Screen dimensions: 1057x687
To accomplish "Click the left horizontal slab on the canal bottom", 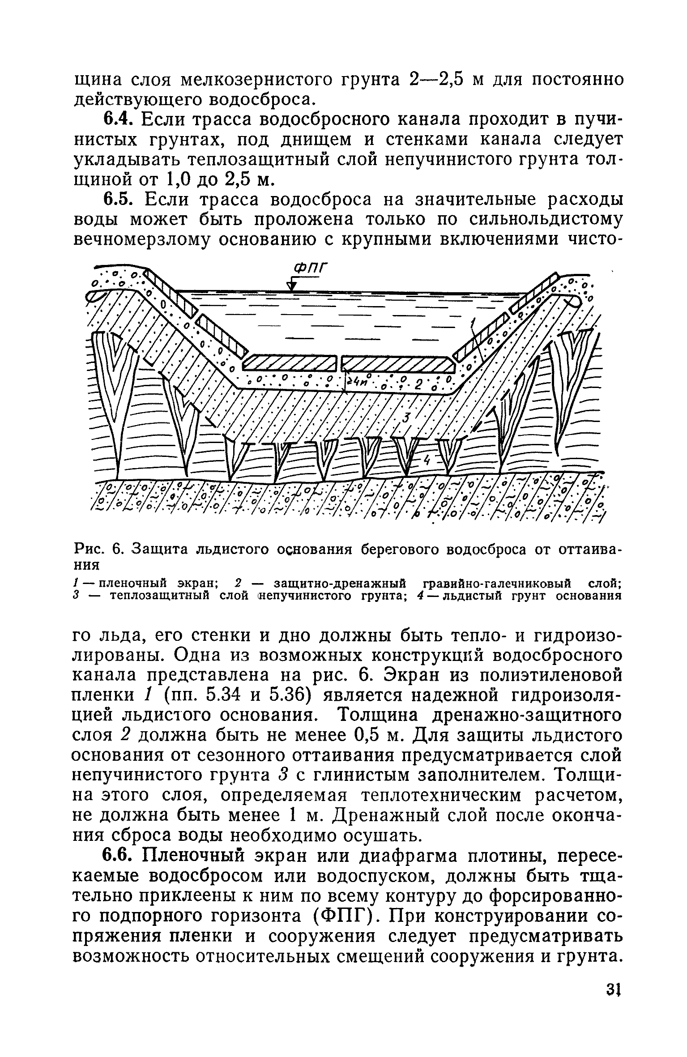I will click(x=290, y=363).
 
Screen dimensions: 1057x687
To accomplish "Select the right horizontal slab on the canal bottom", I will click(x=397, y=363).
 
